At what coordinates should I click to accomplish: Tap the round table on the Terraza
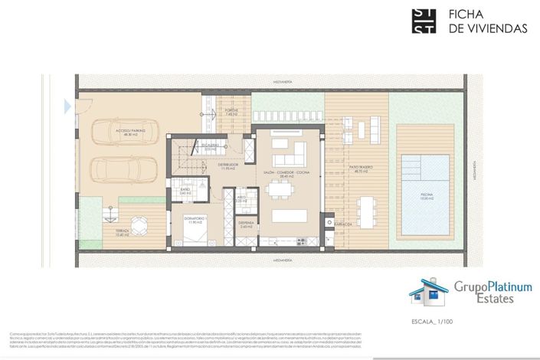tap(139, 226)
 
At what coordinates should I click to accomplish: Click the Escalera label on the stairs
tap(211, 147)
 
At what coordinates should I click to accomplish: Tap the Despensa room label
tap(246, 224)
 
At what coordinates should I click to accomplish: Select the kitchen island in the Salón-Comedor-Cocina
tap(288, 216)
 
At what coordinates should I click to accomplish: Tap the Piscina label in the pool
tap(427, 196)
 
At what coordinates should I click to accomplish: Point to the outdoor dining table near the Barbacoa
tap(365, 207)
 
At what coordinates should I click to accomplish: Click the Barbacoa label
tap(342, 224)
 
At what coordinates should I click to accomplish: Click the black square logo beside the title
tap(424, 21)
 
